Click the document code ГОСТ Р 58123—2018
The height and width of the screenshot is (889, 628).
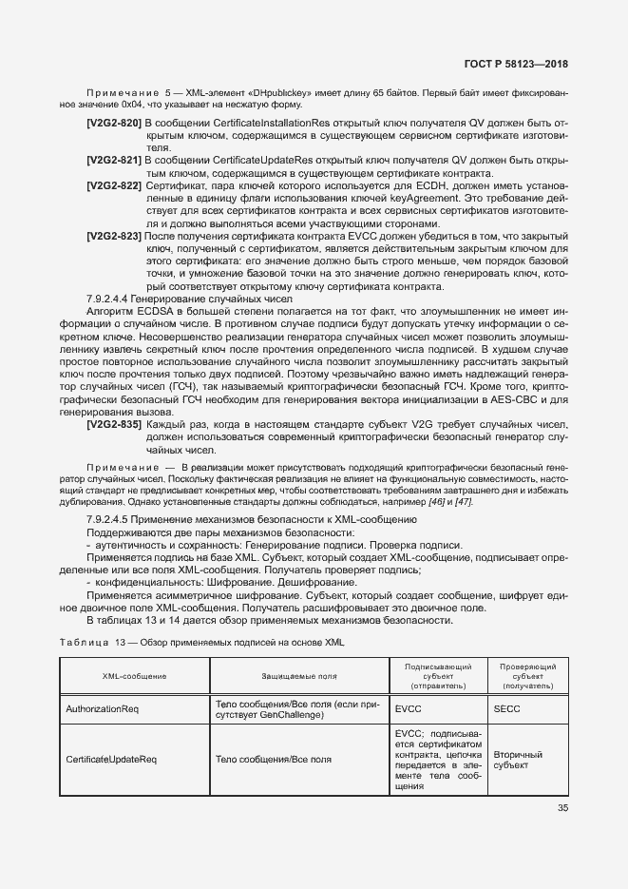(515, 63)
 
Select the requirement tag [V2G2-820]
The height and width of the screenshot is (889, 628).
(113, 125)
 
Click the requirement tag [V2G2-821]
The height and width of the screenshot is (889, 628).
(113, 160)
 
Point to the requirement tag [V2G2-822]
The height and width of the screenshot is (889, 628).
(113, 184)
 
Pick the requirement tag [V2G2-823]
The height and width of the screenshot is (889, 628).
(113, 234)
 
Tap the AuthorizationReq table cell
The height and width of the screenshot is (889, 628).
(103, 709)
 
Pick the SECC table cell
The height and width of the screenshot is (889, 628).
(508, 709)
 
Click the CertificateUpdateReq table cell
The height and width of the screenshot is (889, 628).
(110, 760)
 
